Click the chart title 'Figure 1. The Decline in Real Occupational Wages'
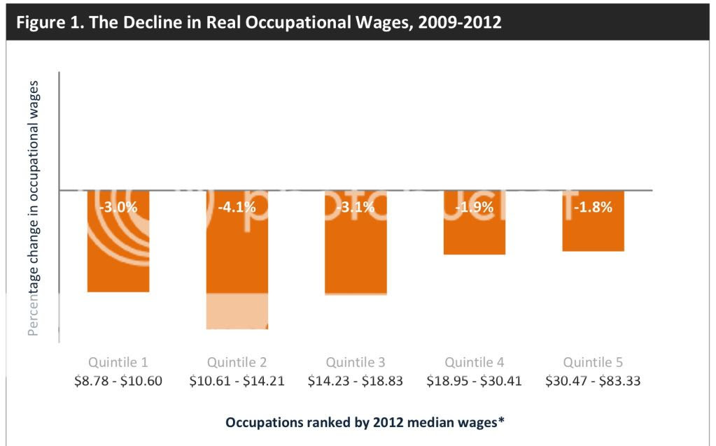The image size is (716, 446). tap(258, 22)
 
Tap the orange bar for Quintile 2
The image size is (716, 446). tap(237, 252)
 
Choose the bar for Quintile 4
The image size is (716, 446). tap(474, 231)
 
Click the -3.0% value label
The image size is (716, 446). tap(118, 207)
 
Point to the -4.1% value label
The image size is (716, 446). tap(237, 207)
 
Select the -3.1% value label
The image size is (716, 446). tap(356, 207)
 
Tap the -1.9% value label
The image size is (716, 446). tap(474, 207)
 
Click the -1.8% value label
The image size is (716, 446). tap(593, 207)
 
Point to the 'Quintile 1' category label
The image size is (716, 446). tap(118, 362)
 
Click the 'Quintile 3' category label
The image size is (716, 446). tap(356, 362)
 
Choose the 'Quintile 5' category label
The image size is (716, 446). tap(593, 362)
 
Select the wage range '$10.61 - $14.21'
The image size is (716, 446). tap(237, 381)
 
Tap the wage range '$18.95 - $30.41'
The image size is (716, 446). tap(474, 381)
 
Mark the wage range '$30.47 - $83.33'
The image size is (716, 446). tap(593, 381)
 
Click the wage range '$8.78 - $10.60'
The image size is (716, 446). tap(118, 381)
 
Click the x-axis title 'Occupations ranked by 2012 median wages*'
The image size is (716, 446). tap(365, 422)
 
